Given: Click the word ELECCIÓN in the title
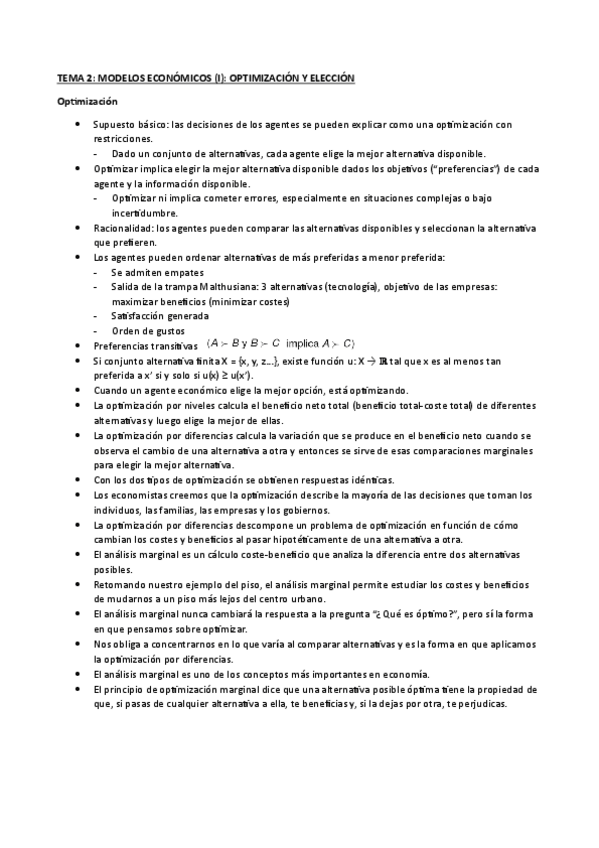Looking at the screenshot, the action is (327, 77).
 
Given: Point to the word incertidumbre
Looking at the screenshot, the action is (145, 213).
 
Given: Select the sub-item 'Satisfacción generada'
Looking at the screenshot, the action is (161, 316).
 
